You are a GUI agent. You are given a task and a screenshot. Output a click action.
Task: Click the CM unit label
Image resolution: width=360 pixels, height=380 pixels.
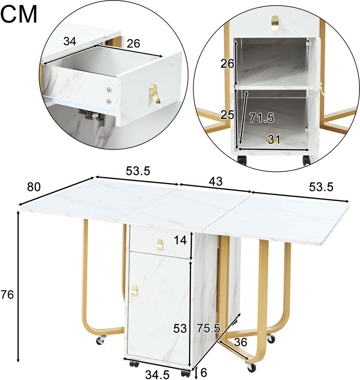(19, 14)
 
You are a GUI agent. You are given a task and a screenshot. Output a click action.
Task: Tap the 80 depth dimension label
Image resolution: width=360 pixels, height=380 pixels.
(34, 187)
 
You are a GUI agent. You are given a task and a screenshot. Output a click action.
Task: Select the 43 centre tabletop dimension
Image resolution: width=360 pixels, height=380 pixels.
(216, 181)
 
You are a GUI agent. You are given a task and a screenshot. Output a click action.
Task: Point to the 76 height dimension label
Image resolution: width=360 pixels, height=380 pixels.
(7, 295)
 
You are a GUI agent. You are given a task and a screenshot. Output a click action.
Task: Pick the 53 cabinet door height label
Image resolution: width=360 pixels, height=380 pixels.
(180, 329)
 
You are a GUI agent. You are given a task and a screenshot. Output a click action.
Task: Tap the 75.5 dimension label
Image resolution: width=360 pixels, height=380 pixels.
(208, 328)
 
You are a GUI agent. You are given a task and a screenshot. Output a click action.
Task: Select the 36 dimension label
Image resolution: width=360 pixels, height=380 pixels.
(241, 342)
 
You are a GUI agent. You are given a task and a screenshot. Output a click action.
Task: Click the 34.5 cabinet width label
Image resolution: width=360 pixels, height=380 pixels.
(157, 375)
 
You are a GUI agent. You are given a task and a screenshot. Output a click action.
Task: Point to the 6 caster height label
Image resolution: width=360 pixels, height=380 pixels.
(203, 371)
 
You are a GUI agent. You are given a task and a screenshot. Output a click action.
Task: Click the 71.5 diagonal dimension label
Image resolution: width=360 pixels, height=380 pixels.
(261, 118)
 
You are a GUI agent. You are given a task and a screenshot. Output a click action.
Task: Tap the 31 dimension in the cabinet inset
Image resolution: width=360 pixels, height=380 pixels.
(274, 140)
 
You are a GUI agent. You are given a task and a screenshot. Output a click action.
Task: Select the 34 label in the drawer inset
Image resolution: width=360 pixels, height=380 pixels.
(70, 41)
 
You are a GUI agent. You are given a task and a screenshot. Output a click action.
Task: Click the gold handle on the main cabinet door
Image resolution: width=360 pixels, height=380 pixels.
(134, 290)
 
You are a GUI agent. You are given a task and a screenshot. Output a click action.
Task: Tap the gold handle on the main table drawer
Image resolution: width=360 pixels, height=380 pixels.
(160, 244)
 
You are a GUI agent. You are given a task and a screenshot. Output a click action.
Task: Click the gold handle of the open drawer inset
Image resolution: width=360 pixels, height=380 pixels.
(155, 94)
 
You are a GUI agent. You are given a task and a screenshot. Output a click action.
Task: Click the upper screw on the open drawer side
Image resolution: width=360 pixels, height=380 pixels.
(110, 90)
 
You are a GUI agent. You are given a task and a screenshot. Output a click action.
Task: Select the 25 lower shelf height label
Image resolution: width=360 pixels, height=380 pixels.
(227, 115)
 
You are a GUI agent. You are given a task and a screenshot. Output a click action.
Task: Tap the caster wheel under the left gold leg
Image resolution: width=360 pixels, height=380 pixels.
(101, 340)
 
